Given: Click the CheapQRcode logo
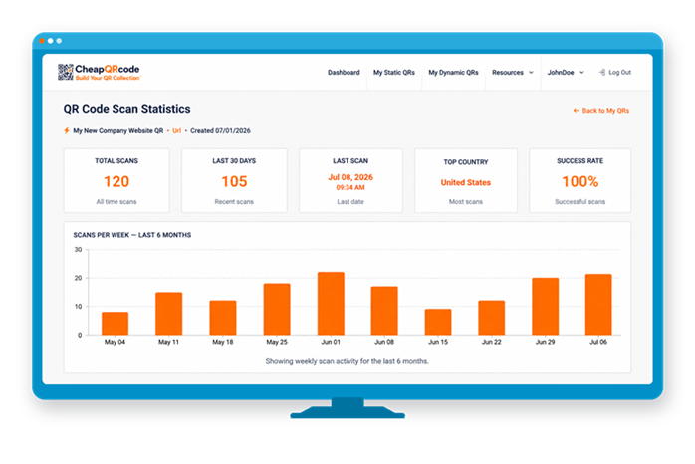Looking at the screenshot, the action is click(x=99, y=72).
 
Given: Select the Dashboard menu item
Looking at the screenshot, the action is click(x=344, y=73).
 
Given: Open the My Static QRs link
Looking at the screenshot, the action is click(x=394, y=73).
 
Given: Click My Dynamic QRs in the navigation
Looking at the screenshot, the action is click(x=453, y=73).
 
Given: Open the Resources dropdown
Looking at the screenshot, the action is click(x=513, y=73).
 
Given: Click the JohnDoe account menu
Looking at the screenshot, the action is click(x=566, y=73).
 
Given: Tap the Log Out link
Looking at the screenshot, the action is click(x=615, y=73).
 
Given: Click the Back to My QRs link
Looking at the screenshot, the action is click(x=601, y=111).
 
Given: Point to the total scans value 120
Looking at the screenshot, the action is click(x=116, y=181).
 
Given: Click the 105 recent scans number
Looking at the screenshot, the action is click(x=234, y=181).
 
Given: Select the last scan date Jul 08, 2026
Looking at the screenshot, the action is click(x=350, y=177).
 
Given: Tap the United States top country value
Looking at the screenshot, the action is click(x=465, y=182).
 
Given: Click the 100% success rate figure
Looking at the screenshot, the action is click(x=580, y=181).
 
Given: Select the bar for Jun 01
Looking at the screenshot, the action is click(x=331, y=303).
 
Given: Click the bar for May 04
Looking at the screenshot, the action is click(x=115, y=323).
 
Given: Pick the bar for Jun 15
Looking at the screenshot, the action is click(x=438, y=322).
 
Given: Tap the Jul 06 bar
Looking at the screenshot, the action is click(x=598, y=305).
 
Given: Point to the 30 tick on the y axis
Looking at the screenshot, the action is click(x=78, y=250).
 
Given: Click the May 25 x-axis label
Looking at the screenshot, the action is click(x=277, y=342).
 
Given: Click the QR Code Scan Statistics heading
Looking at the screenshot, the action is click(x=126, y=109).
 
